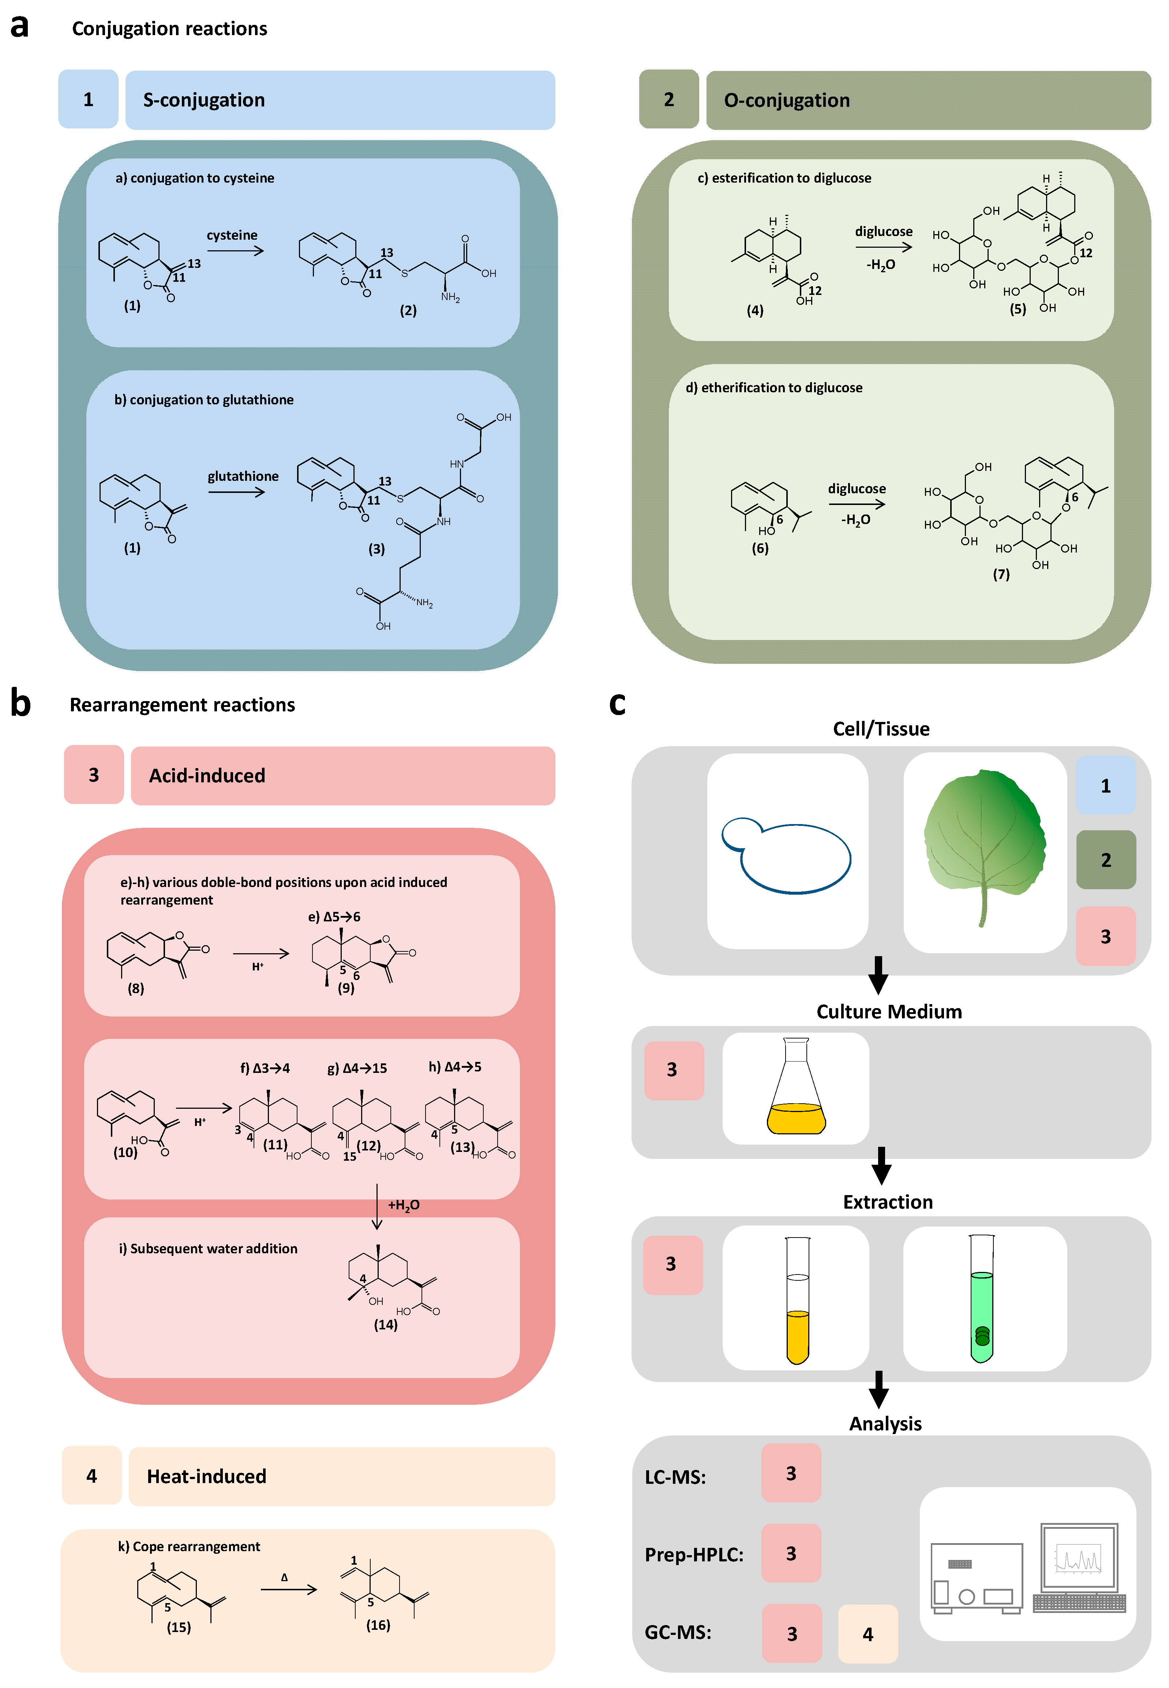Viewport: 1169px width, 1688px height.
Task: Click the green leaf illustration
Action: [984, 842]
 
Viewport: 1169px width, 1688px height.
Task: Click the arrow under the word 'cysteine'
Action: [235, 251]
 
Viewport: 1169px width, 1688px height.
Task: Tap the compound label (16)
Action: [378, 1625]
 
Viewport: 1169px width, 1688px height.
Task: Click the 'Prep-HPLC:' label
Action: [694, 1554]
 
